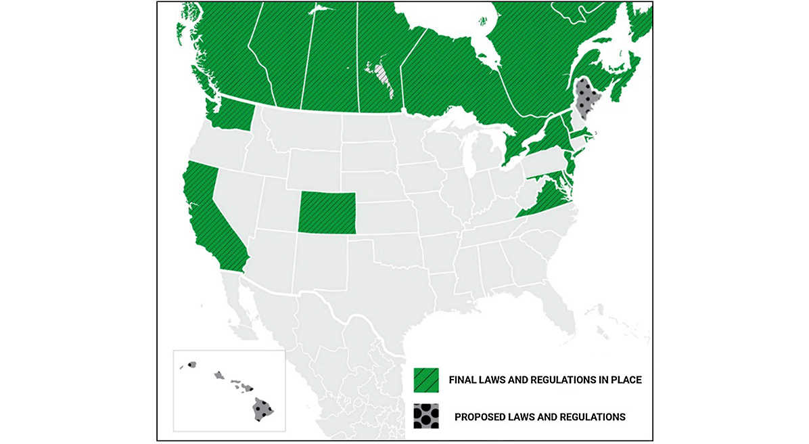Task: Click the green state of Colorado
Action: point(327,212)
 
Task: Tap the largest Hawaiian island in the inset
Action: point(262,409)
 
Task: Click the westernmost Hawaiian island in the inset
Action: point(191,365)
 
